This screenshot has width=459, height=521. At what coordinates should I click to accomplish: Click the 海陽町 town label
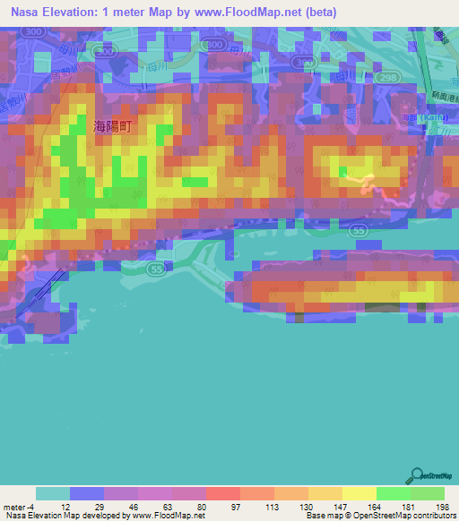click(112, 127)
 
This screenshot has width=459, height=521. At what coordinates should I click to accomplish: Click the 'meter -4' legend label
click(19, 508)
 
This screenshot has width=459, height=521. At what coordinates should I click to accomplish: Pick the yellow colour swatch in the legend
click(359, 494)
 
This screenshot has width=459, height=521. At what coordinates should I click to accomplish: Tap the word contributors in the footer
click(437, 517)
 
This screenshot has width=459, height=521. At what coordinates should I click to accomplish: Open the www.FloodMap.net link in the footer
click(169, 517)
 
